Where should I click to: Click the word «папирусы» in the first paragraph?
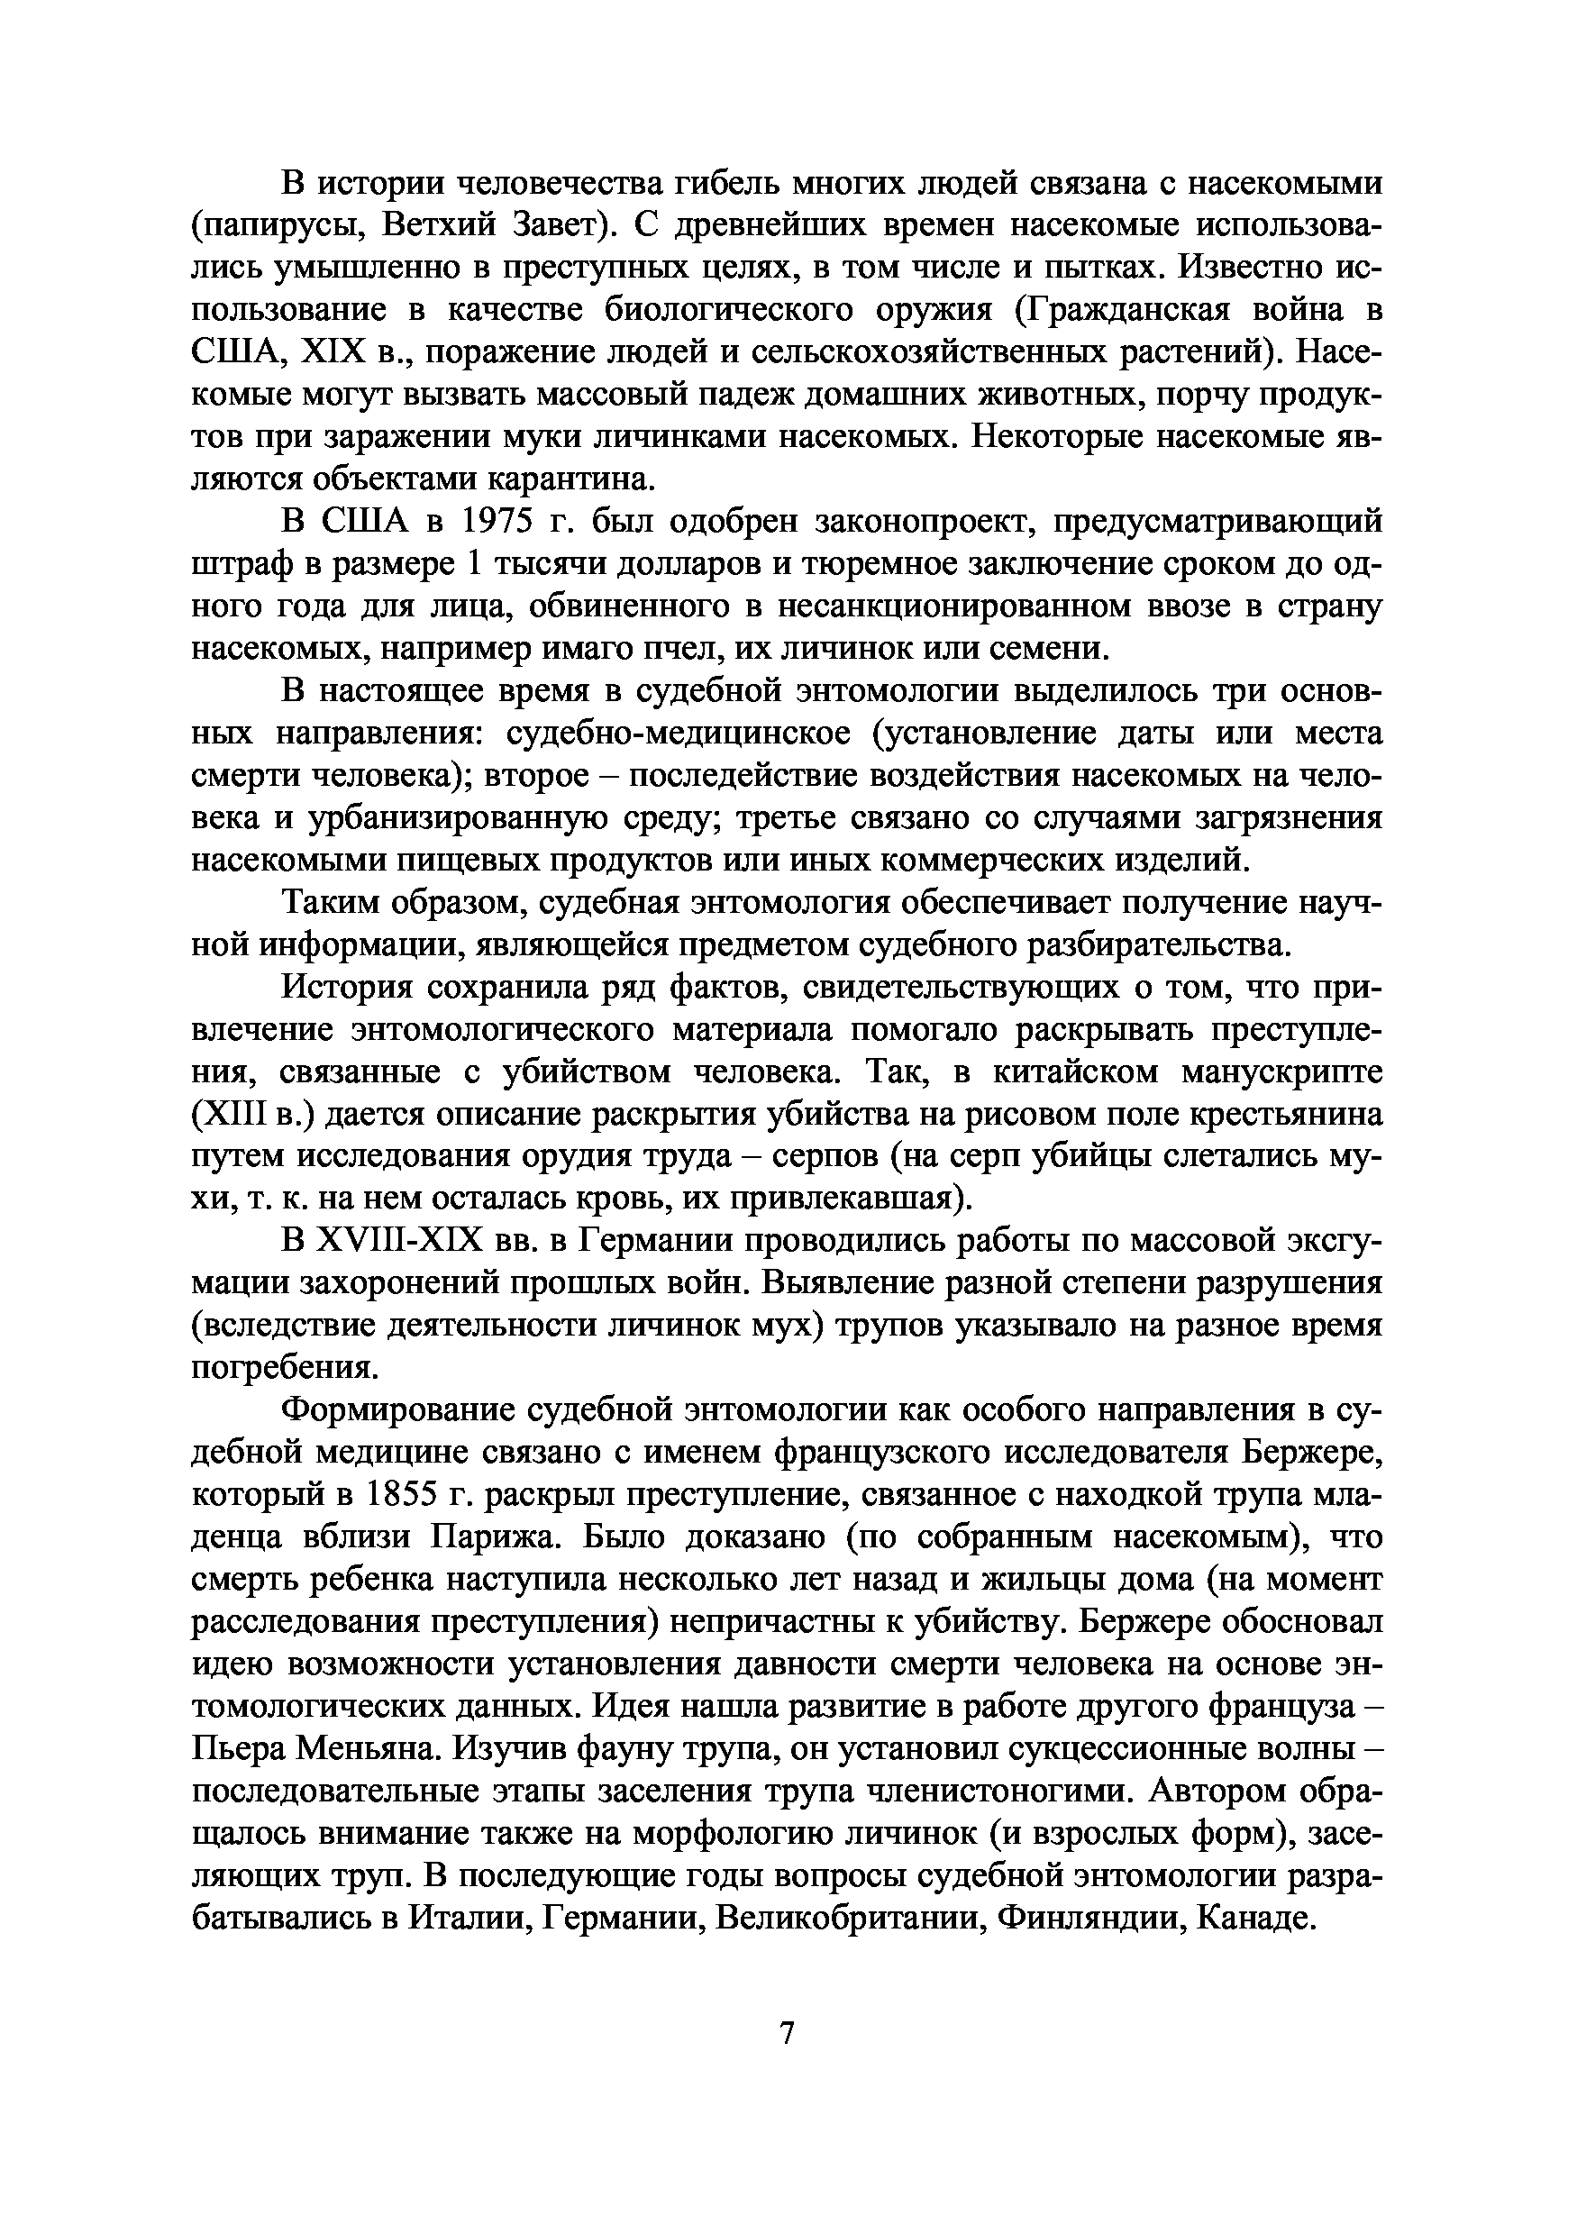point(277,224)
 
